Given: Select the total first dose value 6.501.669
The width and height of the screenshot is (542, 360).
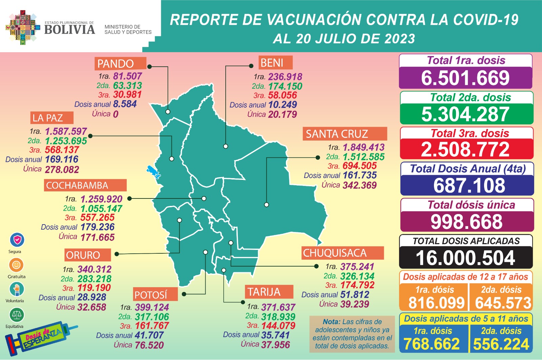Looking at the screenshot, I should coord(465,78).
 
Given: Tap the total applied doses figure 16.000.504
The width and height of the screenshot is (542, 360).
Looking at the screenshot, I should coord(465,258).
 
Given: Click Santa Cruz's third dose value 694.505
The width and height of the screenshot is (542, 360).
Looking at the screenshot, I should coord(359,166).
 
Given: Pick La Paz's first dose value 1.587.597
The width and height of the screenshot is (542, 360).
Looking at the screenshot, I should coord(66,131).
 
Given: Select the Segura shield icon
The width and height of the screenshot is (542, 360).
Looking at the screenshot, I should coord(17,240).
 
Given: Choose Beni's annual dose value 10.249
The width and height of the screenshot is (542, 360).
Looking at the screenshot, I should coord(283,105).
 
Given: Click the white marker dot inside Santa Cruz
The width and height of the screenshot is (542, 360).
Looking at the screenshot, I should coord(267,205).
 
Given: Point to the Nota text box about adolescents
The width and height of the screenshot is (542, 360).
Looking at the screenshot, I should coord(352,334).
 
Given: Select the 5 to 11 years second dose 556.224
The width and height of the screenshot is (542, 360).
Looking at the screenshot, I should coord(501,344).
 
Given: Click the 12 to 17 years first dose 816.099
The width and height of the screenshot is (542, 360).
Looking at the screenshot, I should coord(436,303).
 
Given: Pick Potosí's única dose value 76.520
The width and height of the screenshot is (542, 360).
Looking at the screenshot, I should coord(149,345).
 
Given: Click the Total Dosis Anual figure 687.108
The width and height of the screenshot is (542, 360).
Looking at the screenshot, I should coord(469,186).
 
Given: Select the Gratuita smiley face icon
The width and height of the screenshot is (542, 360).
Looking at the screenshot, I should coord(16,264).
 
